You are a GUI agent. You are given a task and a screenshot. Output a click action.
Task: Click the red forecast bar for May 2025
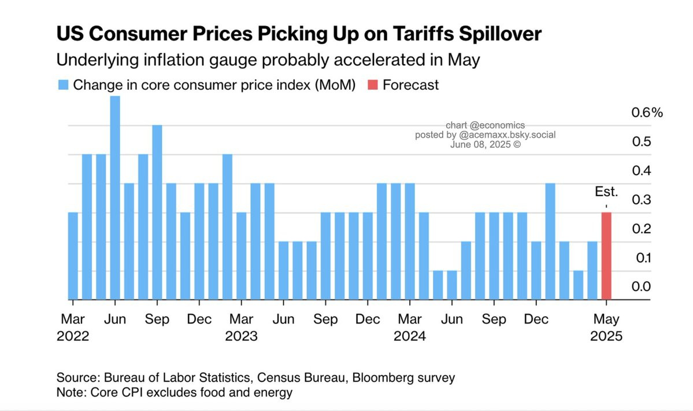point(606,256)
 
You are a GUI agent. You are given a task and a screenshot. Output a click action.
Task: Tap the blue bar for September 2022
point(157,212)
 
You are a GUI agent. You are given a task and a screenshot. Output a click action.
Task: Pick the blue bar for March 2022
point(73,256)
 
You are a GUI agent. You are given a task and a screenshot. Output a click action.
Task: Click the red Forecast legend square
point(373,85)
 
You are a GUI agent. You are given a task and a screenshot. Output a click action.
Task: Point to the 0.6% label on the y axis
point(646,113)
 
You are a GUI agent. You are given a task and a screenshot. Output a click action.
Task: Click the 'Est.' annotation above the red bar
point(607,192)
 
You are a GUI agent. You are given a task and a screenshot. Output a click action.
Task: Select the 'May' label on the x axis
point(607,319)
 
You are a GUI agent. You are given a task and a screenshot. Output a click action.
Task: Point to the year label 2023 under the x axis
point(242,336)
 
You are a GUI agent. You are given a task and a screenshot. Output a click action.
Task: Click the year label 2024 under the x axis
point(409,336)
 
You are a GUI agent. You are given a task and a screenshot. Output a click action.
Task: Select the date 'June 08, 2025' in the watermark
point(480,144)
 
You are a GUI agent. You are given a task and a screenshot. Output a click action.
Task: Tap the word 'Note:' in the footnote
point(71,392)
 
